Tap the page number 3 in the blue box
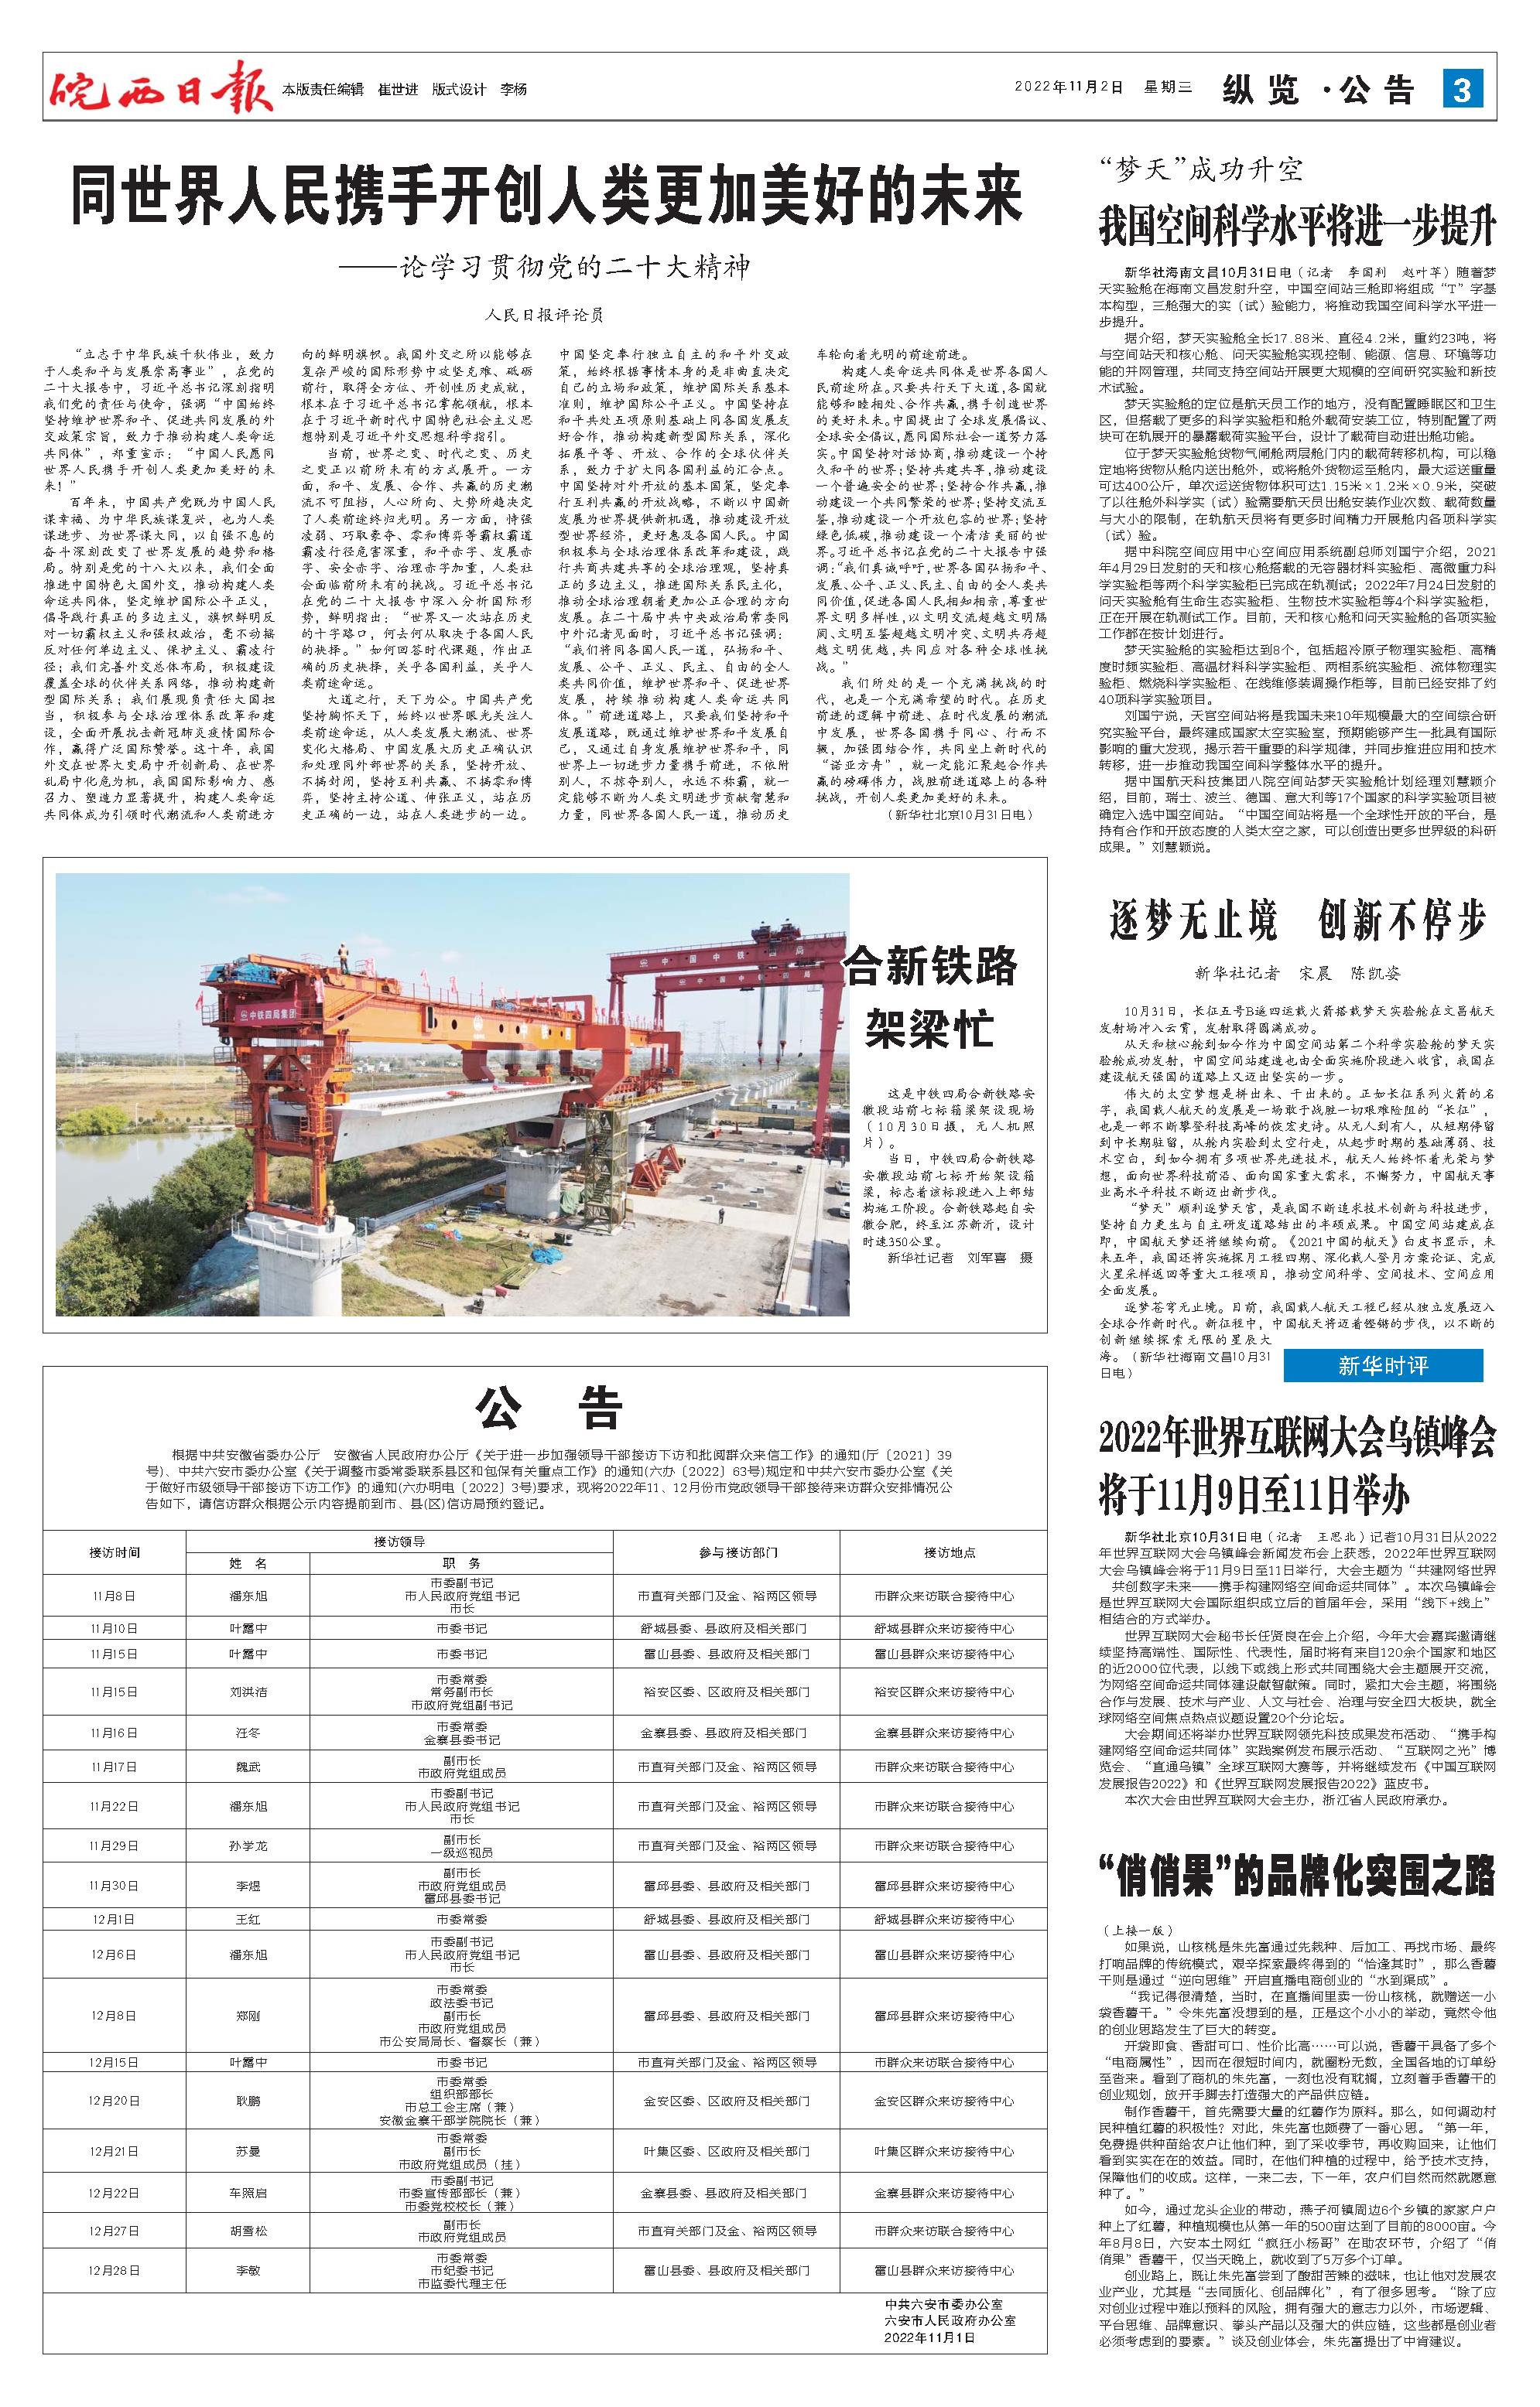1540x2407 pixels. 1461,90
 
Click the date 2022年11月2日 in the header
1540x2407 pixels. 1069,88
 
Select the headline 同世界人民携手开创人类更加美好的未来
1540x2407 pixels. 546,197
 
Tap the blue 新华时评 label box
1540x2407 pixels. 1382,1365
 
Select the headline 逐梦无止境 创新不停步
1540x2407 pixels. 1297,919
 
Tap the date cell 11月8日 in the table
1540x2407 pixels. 113,1596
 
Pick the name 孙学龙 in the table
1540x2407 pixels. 248,1845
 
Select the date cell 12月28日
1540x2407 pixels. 113,2262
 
